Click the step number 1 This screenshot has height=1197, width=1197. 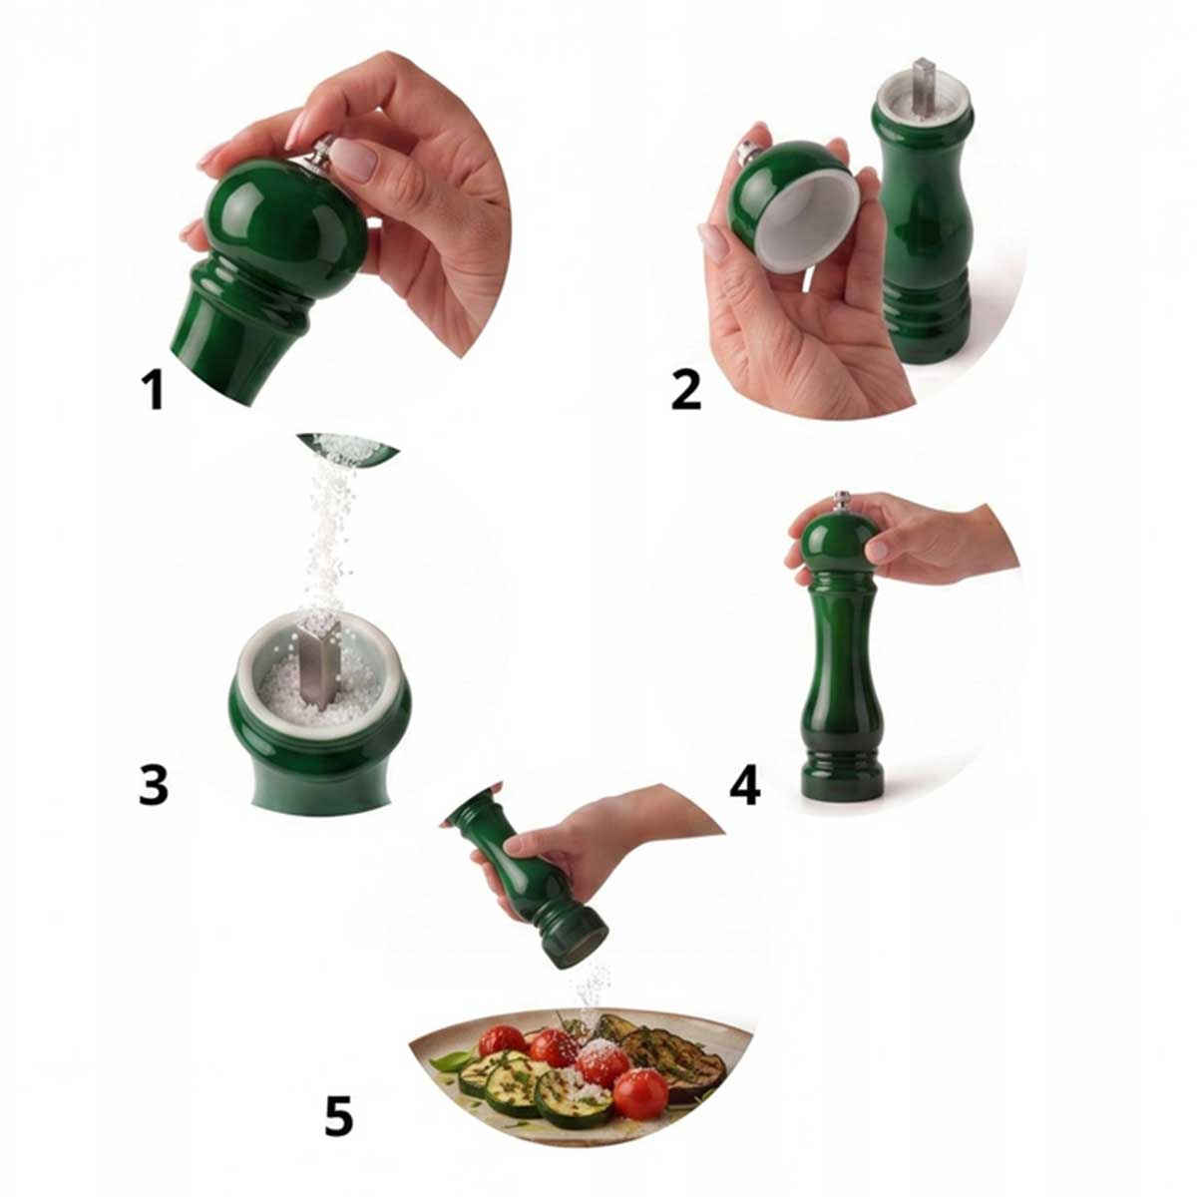153,388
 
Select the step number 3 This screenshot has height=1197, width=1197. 153,785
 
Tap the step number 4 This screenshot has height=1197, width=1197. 744,785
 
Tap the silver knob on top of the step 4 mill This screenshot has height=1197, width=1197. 841,500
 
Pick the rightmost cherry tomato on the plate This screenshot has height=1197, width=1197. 640,1093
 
